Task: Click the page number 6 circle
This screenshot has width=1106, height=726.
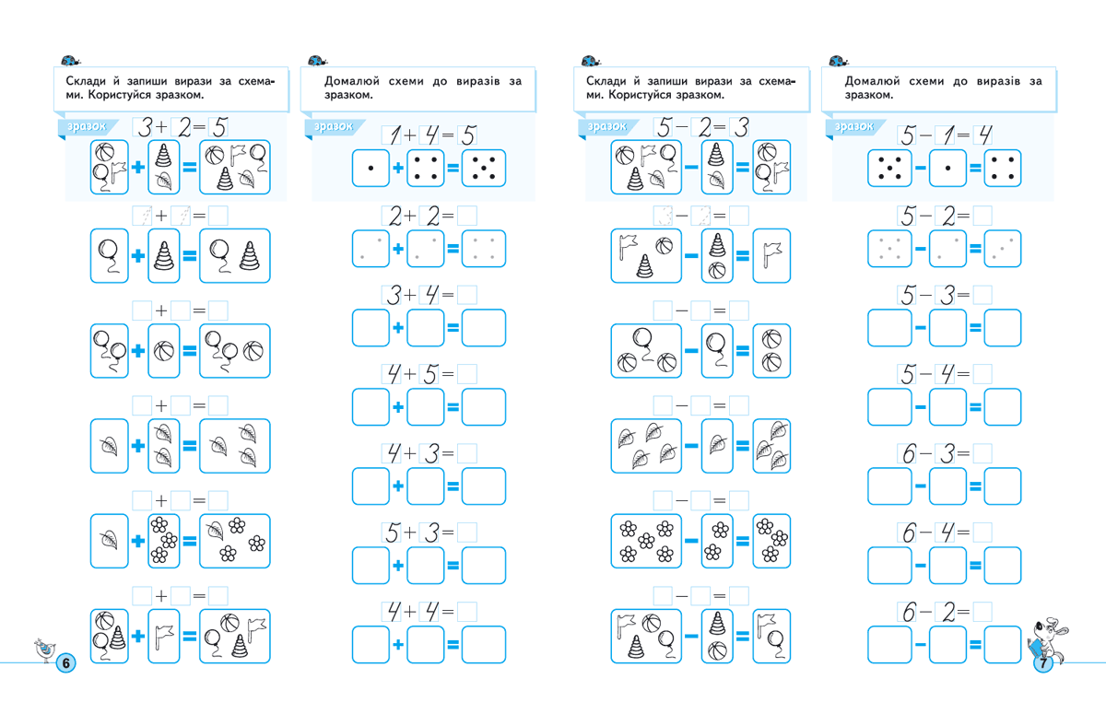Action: [65, 662]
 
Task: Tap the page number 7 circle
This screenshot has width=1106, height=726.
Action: [1043, 663]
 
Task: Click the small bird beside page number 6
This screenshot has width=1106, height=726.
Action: [42, 649]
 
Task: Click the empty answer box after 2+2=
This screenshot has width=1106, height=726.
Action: [467, 217]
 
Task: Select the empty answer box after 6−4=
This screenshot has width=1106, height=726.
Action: [982, 532]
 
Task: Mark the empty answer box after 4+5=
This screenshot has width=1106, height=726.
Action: [467, 374]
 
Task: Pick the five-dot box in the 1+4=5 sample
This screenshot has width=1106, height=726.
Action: [484, 169]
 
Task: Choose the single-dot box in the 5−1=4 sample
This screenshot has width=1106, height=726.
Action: [947, 169]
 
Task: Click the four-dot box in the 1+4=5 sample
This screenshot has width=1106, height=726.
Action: [426, 169]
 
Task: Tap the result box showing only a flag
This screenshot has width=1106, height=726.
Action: [771, 256]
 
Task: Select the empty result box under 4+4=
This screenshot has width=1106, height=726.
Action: [484, 644]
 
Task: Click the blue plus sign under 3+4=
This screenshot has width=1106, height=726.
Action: [398, 328]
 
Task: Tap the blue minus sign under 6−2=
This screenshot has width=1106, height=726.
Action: [920, 644]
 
